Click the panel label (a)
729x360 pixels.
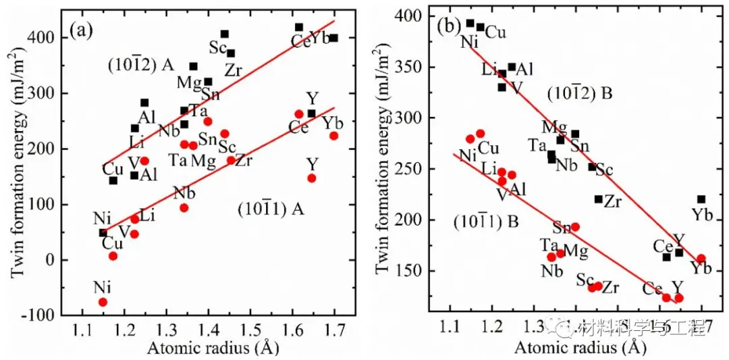click(83, 30)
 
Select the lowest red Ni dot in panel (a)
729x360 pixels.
click(103, 302)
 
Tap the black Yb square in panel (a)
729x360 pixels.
click(333, 38)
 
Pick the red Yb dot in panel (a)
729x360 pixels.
click(333, 136)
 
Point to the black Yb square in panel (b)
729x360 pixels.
click(701, 199)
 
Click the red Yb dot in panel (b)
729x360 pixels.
click(701, 258)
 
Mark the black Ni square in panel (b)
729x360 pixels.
click(470, 23)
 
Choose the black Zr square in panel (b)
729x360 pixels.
click(598, 199)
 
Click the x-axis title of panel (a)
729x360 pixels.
click(204, 349)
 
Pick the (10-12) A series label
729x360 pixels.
click(141, 66)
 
